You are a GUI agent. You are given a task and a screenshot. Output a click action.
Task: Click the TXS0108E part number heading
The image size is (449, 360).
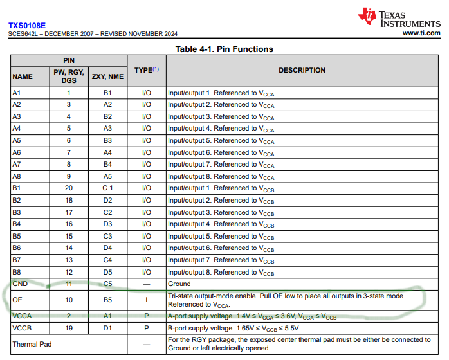click(27, 26)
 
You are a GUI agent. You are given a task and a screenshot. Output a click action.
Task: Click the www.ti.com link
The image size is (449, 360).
click(421, 33)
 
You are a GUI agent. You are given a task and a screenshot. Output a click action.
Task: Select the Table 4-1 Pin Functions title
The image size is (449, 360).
click(224, 49)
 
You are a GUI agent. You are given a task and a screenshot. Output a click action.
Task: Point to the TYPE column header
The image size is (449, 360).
click(146, 69)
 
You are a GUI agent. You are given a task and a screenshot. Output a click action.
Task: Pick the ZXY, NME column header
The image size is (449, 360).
click(107, 76)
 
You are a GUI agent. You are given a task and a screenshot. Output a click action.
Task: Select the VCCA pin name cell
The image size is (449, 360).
click(22, 316)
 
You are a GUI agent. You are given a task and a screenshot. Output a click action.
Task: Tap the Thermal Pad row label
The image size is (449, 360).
click(30, 344)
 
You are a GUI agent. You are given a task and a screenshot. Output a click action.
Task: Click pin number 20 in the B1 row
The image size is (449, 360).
click(69, 188)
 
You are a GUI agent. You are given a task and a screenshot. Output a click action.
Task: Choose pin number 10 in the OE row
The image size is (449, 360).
click(69, 300)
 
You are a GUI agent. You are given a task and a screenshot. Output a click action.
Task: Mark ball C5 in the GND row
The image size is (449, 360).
click(107, 283)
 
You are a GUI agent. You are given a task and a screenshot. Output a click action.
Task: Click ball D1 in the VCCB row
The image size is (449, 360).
click(107, 327)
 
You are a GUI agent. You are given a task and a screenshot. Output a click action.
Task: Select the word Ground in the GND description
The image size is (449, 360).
click(179, 283)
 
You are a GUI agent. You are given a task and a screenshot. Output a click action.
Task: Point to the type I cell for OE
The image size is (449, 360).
click(146, 300)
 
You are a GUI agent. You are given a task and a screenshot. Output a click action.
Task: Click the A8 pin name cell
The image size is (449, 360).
click(17, 176)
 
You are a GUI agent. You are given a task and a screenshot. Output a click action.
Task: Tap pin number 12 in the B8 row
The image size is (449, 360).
click(69, 272)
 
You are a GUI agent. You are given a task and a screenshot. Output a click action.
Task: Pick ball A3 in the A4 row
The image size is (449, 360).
click(107, 129)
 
